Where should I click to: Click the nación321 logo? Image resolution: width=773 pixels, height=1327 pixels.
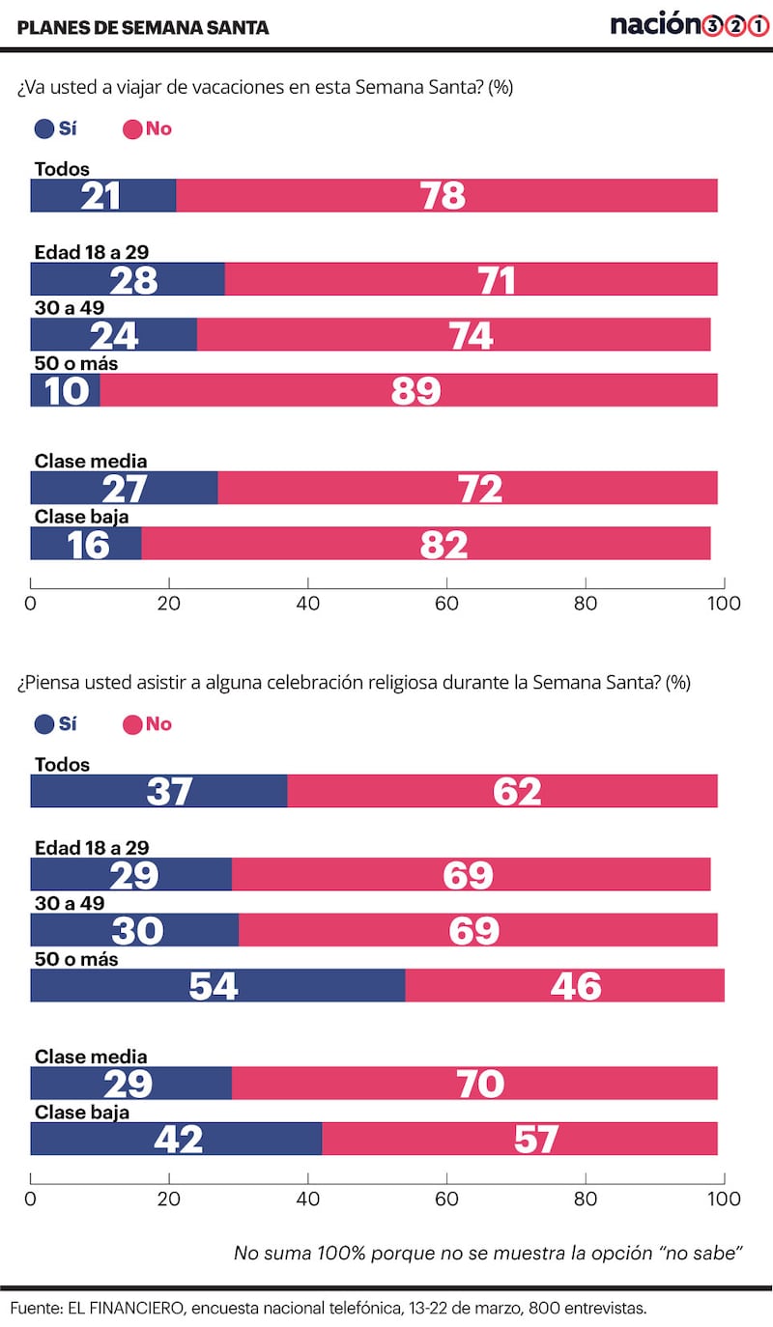pyautogui.click(x=688, y=25)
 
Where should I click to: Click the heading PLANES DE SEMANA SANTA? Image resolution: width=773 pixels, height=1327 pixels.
pyautogui.click(x=143, y=28)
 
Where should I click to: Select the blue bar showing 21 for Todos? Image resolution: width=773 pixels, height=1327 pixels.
pyautogui.click(x=103, y=195)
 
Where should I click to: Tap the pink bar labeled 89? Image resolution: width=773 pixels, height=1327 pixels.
pyautogui.click(x=409, y=390)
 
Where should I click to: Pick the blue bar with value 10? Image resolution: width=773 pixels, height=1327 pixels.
pyautogui.click(x=65, y=390)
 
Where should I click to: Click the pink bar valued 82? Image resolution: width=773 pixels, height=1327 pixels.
pyautogui.click(x=426, y=543)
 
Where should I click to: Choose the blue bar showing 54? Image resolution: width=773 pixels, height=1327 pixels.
pyautogui.click(x=217, y=986)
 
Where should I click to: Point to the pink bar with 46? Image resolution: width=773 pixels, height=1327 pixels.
pyautogui.click(x=564, y=986)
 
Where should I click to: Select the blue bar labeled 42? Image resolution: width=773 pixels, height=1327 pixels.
pyautogui.click(x=176, y=1139)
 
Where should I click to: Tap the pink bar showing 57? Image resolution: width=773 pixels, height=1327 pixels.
pyautogui.click(x=520, y=1139)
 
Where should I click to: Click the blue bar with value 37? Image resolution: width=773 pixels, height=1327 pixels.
pyautogui.click(x=158, y=791)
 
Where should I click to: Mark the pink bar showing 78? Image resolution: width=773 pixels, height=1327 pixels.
pyautogui.click(x=446, y=195)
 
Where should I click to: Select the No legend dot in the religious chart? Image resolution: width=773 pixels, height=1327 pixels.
pyautogui.click(x=131, y=724)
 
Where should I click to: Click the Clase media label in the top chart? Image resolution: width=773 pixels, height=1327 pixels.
pyautogui.click(x=91, y=462)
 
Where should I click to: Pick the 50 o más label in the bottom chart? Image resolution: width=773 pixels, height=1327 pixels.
pyautogui.click(x=75, y=960)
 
